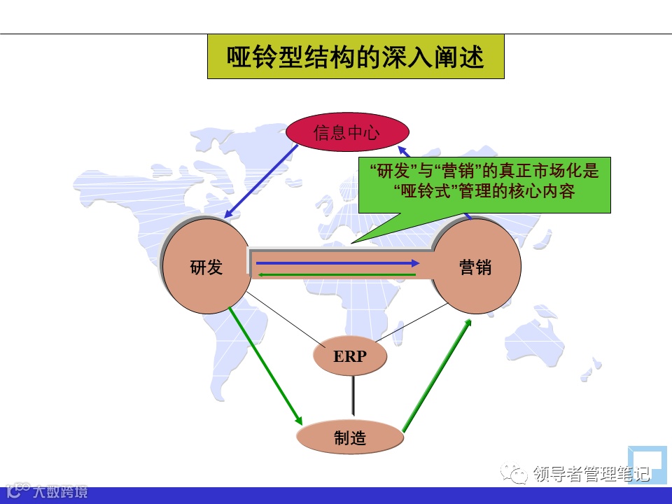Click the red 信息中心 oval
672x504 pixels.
pyautogui.click(x=346, y=132)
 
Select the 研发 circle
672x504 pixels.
pyautogui.click(x=206, y=266)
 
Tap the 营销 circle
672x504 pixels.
pyautogui.click(x=476, y=266)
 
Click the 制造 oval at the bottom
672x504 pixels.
pyautogui.click(x=350, y=438)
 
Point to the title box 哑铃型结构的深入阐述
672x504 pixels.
pyautogui.click(x=356, y=57)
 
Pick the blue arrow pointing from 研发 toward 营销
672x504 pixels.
pyautogui.click(x=336, y=263)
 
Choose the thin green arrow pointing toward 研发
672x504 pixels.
pyautogui.click(x=336, y=274)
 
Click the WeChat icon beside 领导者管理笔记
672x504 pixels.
pyautogui.click(x=519, y=475)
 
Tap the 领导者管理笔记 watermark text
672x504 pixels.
pyautogui.click(x=591, y=475)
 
